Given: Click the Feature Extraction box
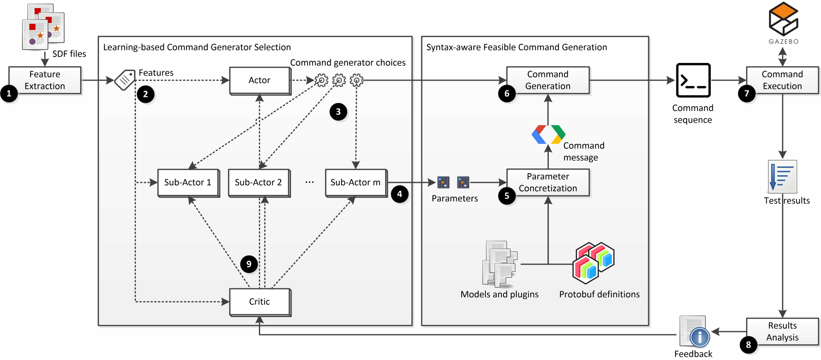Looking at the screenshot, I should coord(45,80).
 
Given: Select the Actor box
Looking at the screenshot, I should coord(259,80).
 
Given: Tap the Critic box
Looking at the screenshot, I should coord(259,301).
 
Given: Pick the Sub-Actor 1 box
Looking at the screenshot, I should coord(188,182).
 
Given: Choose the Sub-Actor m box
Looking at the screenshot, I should coord(356,182).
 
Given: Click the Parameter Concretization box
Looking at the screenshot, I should coord(548,182).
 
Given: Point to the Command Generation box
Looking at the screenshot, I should coord(548,80).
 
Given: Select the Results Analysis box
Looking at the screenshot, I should coord(782,332).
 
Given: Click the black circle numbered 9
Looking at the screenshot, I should coord(249,264).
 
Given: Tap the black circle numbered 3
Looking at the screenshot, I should coord(338,112).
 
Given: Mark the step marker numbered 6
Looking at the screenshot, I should coord(507,94).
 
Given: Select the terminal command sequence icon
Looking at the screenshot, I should coord(693,80).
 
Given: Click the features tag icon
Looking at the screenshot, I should coord(125,80).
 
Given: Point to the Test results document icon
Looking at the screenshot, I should coord(782,176).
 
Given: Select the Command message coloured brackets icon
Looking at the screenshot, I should coord(548,134).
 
